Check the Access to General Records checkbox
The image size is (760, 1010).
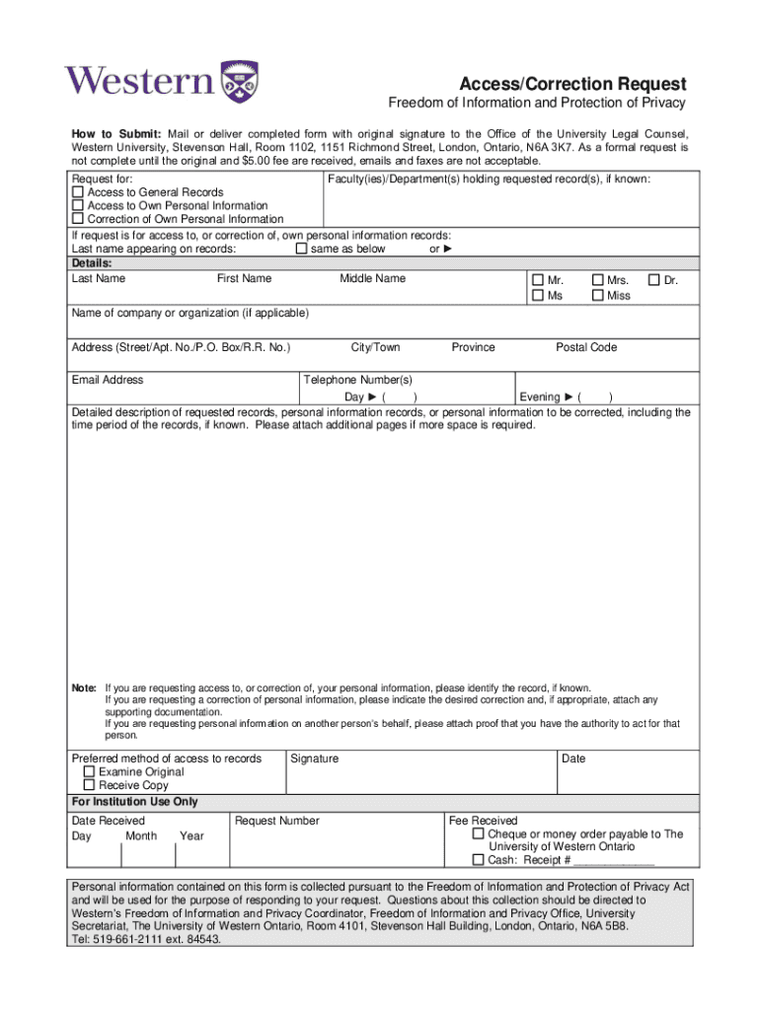tap(78, 192)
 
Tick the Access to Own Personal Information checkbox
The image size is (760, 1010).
tap(78, 206)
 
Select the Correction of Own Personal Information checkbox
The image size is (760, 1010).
tap(78, 220)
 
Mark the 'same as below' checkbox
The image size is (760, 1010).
tap(302, 249)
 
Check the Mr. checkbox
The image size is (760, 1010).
tap(538, 280)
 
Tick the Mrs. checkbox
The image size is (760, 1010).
tap(597, 280)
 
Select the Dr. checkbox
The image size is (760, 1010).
tap(653, 280)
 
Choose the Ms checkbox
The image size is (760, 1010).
tap(538, 295)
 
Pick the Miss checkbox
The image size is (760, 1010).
tap(597, 295)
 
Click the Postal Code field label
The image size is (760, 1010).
tap(586, 347)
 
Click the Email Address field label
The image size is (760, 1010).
tap(107, 380)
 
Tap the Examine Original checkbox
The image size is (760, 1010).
tap(90, 772)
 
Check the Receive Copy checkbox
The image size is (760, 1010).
tap(90, 786)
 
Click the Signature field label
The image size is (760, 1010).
tap(314, 758)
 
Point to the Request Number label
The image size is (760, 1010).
tap(277, 821)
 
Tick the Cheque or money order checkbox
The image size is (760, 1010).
tap(479, 834)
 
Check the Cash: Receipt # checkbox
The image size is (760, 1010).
tap(479, 860)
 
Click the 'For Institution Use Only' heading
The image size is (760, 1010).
tap(135, 802)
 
